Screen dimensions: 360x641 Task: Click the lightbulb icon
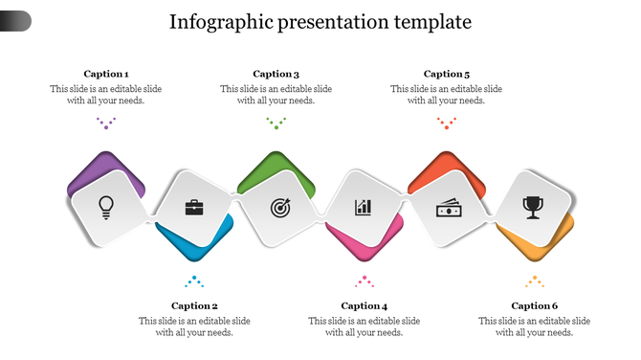106,205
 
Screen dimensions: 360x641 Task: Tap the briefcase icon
194,206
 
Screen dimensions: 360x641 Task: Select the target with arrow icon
279,206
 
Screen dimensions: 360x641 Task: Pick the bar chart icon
364,207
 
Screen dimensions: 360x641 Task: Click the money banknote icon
449,207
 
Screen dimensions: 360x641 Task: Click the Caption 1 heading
106,74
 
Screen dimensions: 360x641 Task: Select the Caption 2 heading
194,306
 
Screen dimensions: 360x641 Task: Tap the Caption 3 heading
276,74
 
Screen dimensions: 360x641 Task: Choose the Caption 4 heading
365,306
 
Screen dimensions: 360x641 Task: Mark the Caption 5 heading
447,74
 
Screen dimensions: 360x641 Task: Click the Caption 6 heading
534,306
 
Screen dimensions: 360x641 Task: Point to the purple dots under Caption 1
106,123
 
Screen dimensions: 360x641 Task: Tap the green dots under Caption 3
276,123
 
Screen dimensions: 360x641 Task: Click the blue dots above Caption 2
194,281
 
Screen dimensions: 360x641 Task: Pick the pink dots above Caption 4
365,281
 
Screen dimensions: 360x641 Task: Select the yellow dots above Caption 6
534,281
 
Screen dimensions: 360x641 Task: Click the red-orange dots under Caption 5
446,123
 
